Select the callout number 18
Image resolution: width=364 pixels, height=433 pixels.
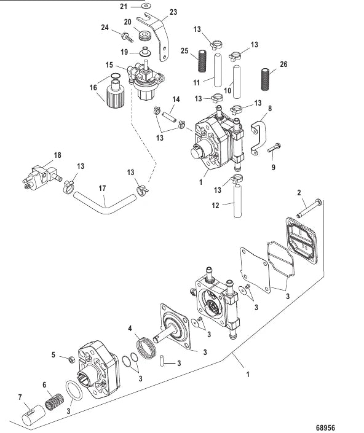(x=57, y=156)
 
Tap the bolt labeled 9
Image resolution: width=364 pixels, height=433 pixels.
(x=275, y=147)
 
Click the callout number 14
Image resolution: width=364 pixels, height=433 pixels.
(x=175, y=99)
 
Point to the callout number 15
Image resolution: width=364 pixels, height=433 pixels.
(x=109, y=64)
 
